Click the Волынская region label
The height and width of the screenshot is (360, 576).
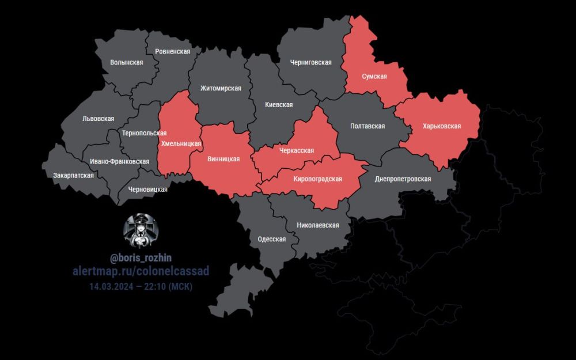(x=126, y=62)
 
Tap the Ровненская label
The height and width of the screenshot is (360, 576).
(x=172, y=51)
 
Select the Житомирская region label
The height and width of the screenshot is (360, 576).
(x=221, y=88)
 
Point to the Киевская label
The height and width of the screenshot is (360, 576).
(x=279, y=105)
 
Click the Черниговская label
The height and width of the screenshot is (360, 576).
(x=310, y=62)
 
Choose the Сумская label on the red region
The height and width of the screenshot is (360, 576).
(x=374, y=76)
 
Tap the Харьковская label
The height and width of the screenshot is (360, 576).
(x=442, y=126)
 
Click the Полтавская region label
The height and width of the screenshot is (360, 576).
(x=367, y=126)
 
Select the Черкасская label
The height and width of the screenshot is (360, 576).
(x=296, y=150)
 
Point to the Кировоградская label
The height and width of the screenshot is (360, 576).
(x=317, y=179)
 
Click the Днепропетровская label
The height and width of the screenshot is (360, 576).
(x=403, y=179)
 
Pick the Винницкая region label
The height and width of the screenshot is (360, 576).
(x=223, y=158)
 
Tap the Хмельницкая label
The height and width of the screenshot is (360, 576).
(x=181, y=143)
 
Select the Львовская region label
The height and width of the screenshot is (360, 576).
(x=98, y=119)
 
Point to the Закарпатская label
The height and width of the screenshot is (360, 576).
(x=73, y=175)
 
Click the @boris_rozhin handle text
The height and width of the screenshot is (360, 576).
(x=141, y=259)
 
